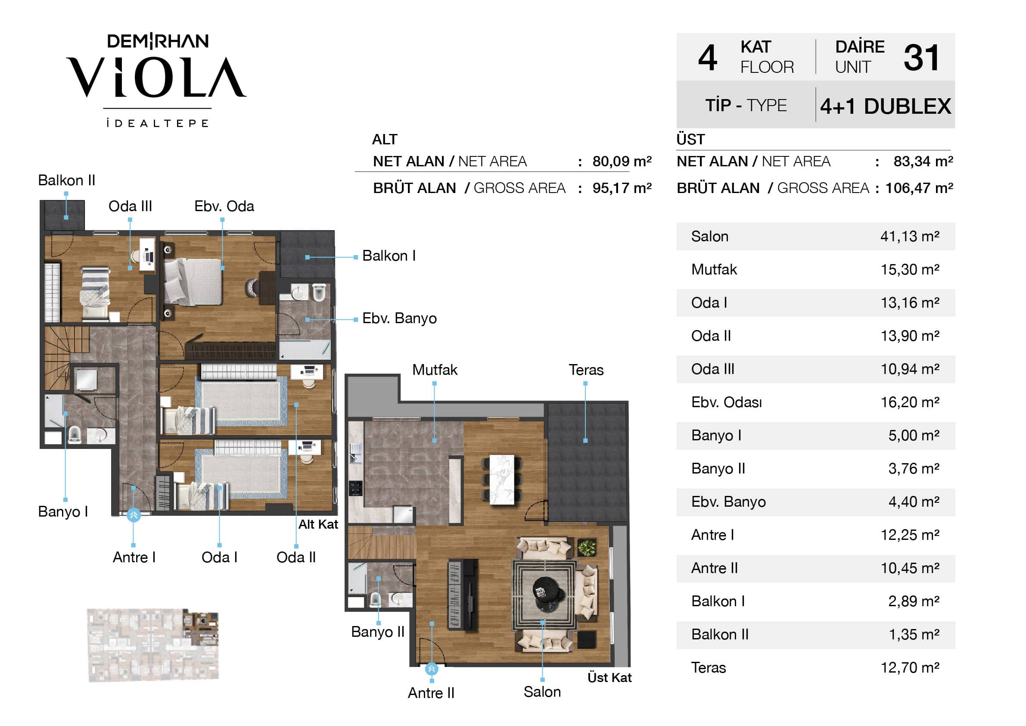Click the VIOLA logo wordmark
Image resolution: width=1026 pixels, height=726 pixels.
(156, 77)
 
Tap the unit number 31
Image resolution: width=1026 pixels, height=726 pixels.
(921, 58)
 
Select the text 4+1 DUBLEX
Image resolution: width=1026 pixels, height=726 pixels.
(885, 106)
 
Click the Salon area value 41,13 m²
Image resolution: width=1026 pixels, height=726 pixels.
(910, 236)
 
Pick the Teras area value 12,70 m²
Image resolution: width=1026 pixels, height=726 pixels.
(910, 667)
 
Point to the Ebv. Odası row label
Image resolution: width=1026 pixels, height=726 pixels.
(726, 402)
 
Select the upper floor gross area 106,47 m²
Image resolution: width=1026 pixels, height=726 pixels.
(919, 188)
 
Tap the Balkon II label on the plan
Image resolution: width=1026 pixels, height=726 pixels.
(67, 180)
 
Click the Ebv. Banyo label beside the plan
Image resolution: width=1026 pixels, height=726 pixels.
(399, 318)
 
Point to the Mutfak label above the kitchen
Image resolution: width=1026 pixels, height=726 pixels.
(435, 370)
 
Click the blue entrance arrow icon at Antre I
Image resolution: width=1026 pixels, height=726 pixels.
(134, 515)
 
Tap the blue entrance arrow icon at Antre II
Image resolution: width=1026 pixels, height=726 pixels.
(431, 669)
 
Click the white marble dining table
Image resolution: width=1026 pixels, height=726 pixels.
(502, 480)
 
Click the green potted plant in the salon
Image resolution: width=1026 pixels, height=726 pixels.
(587, 548)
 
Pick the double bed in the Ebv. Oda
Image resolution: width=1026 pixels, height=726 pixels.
(193, 282)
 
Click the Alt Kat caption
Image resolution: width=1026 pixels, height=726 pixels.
(318, 524)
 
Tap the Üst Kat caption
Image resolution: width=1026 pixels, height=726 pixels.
(609, 678)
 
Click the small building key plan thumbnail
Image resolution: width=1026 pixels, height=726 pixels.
(153, 645)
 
